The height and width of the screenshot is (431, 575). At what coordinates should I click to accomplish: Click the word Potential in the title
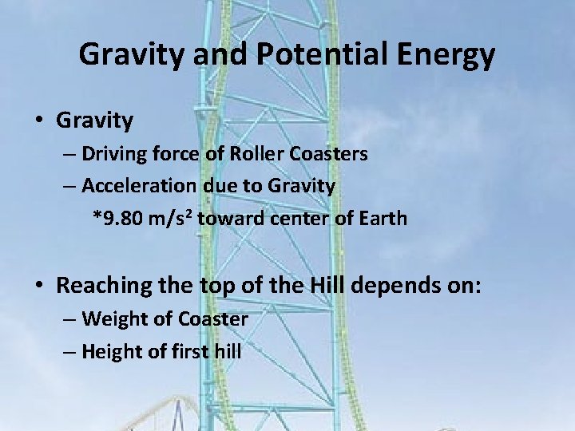[x=315, y=54]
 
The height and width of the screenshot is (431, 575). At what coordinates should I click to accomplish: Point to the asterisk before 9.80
[x=98, y=217]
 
